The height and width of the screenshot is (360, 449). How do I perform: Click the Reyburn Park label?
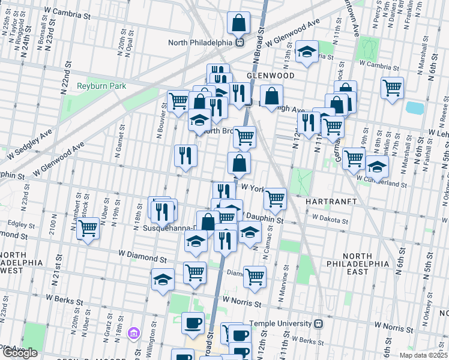click(x=101, y=86)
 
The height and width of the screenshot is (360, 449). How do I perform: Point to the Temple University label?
click(x=281, y=323)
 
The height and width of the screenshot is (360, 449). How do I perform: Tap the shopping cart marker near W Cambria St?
click(x=391, y=88)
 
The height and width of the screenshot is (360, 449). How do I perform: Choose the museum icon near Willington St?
click(x=134, y=332)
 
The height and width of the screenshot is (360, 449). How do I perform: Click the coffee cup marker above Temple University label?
click(x=192, y=323)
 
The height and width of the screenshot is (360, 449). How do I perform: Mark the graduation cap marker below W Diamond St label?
click(x=162, y=280)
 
